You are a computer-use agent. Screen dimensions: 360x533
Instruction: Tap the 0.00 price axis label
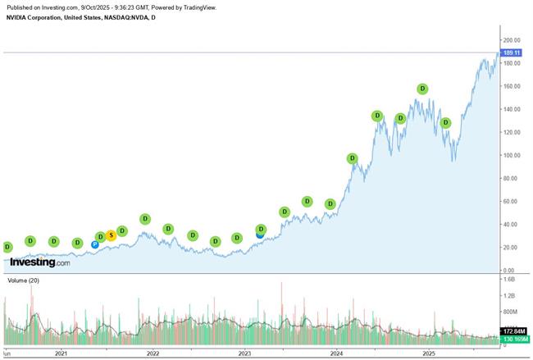(509, 270)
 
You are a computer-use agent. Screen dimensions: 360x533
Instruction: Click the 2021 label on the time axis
(61, 353)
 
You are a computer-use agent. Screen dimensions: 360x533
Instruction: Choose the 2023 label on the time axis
(244, 353)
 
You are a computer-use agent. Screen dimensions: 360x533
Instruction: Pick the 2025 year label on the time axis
(428, 353)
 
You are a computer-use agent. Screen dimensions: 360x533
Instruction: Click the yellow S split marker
(111, 235)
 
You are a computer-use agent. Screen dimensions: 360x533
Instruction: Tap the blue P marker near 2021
(95, 244)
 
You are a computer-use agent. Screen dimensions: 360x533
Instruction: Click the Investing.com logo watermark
(39, 262)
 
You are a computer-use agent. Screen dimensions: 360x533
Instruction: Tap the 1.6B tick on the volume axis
(510, 279)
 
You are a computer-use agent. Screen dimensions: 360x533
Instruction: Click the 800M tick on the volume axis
(511, 312)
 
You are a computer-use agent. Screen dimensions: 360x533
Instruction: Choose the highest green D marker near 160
(422, 89)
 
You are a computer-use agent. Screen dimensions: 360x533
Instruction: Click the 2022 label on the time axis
(153, 353)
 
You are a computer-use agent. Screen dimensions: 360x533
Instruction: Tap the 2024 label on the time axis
(336, 353)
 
